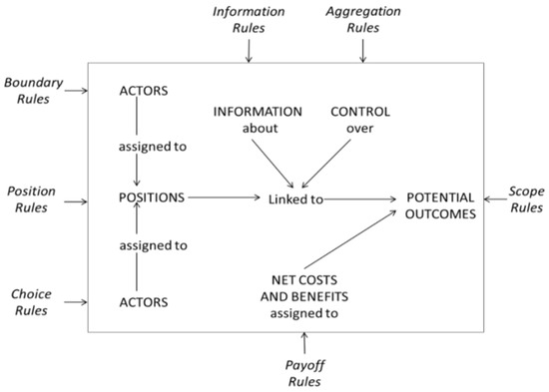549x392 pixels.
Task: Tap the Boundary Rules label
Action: [x=33, y=91]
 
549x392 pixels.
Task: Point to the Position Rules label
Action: [x=30, y=199]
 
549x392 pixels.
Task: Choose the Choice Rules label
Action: [x=30, y=301]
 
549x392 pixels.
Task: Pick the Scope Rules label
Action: [x=523, y=199]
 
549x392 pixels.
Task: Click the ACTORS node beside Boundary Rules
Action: [x=142, y=92]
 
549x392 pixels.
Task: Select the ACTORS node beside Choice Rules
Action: [x=142, y=301]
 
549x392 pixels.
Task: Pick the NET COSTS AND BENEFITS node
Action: [x=304, y=296]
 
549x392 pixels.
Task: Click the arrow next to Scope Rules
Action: [x=489, y=199]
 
